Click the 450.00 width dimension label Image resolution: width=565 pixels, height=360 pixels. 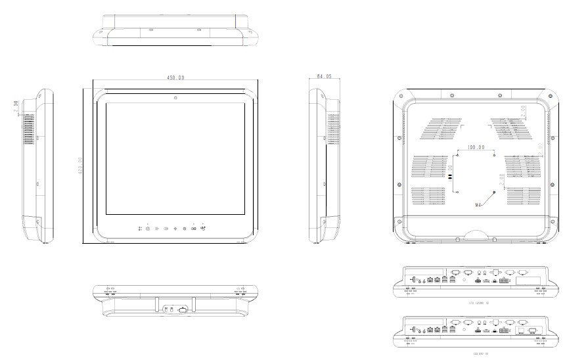click(175, 78)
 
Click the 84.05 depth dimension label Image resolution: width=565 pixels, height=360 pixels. click(324, 77)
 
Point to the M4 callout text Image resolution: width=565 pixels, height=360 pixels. click(480, 206)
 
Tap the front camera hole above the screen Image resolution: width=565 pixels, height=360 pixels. click(176, 98)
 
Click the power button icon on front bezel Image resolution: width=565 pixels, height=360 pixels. click(185, 228)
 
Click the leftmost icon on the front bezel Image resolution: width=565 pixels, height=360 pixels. click(140, 228)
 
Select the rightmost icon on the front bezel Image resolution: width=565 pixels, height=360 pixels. click(203, 227)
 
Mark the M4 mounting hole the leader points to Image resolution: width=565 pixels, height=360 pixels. click(493, 191)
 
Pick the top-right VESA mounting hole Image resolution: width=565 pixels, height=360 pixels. click(493, 156)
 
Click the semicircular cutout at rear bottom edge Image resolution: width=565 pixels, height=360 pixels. click(478, 233)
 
